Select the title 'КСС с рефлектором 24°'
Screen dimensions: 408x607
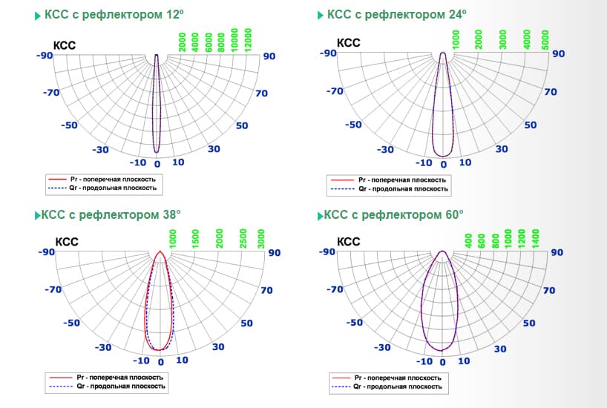click(x=397, y=15)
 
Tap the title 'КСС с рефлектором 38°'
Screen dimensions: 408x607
click(x=111, y=215)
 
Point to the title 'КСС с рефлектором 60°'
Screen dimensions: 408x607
click(x=394, y=215)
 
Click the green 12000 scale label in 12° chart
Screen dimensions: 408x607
click(x=249, y=39)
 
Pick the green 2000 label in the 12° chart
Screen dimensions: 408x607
click(x=182, y=43)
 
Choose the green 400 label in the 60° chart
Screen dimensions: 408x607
click(x=468, y=240)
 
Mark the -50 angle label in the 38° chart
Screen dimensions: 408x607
click(x=71, y=323)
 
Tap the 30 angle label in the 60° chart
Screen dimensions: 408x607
click(x=500, y=349)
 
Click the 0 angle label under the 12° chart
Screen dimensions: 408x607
click(x=157, y=163)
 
